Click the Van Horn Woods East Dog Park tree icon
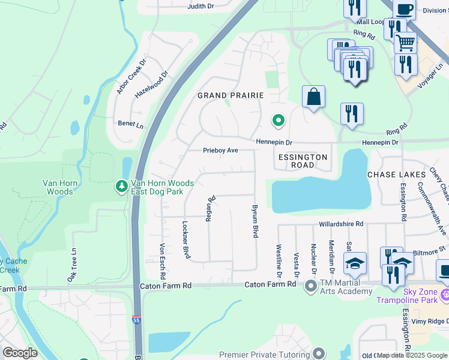(122, 187)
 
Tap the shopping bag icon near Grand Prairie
(313, 97)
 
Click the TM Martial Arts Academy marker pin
(311, 286)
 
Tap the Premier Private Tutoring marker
(319, 354)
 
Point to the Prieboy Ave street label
(221, 151)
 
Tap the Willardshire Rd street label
(340, 224)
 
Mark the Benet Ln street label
(130, 125)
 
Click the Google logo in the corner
(20, 353)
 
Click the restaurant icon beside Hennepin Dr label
(351, 113)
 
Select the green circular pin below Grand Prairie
(278, 121)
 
